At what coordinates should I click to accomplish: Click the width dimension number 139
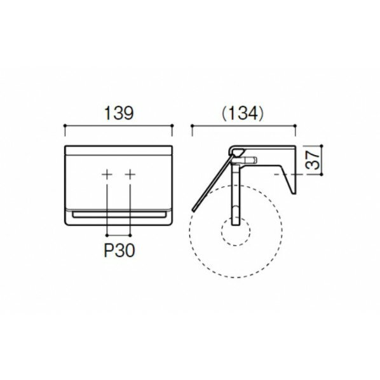[x=119, y=114]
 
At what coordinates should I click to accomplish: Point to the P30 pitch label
[x=119, y=250]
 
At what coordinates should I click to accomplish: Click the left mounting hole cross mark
[x=108, y=174]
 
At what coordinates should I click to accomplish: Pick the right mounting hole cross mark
[x=130, y=174]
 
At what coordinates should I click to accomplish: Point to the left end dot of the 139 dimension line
[x=65, y=127]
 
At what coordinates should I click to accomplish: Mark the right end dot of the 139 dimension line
[x=172, y=127]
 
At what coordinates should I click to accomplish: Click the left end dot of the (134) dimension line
[x=192, y=127]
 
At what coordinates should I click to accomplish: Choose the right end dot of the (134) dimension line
[x=296, y=127]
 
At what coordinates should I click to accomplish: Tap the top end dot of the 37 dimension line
[x=323, y=146]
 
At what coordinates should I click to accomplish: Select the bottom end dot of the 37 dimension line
[x=323, y=174]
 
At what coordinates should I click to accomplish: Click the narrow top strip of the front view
[x=119, y=151]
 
